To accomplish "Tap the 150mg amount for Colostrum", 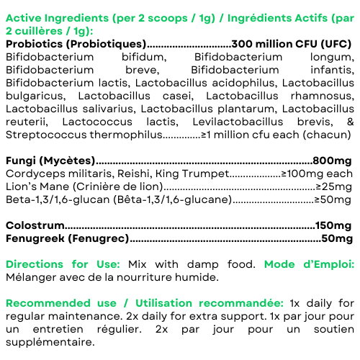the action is point(334,226).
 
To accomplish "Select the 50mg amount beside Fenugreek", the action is point(337,239).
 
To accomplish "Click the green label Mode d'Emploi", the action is point(309,264).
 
